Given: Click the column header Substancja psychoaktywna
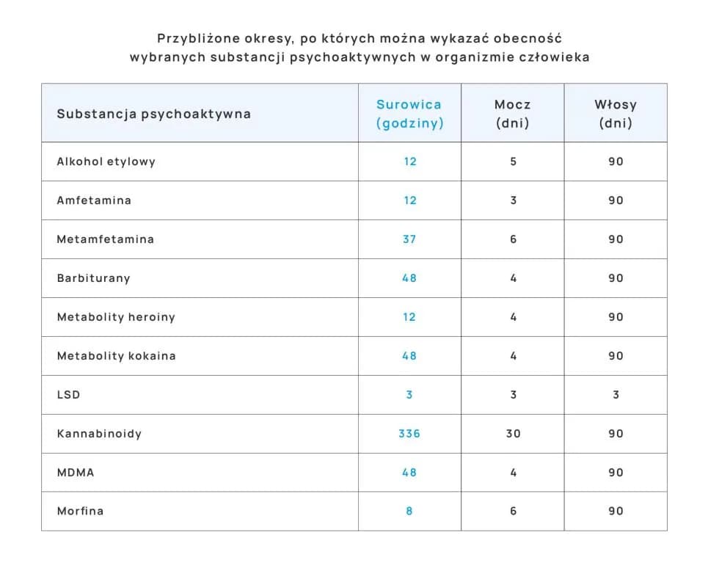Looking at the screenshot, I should (153, 114).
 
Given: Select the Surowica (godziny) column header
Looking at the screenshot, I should (409, 114).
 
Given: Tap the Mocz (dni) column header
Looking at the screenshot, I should (512, 114).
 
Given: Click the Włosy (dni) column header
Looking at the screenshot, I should (616, 114).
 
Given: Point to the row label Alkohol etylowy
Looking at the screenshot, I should (106, 161).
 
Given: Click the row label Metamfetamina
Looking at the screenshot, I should (106, 239).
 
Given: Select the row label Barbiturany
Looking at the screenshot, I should (94, 278).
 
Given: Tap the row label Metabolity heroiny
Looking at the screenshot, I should (116, 317).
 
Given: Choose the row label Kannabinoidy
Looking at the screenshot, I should (99, 434).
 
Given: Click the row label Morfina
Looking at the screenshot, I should (80, 511).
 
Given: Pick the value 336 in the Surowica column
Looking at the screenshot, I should (409, 434).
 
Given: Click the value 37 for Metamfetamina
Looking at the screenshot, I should (409, 239).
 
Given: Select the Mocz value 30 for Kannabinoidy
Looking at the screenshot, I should (513, 434).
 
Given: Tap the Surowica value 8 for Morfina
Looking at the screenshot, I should (409, 511).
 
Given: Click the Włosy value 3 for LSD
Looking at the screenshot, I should (616, 395).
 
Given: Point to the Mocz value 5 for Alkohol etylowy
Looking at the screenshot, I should (513, 161).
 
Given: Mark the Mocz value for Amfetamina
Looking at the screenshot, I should (513, 200).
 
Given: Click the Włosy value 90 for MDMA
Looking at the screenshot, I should (616, 473).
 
